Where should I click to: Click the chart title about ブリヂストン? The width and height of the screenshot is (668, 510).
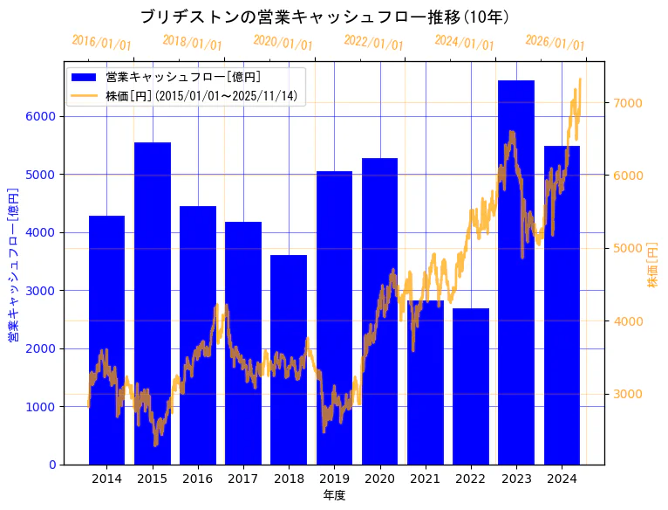pyautogui.click(x=324, y=17)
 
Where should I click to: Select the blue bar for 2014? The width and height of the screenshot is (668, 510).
pyautogui.click(x=106, y=341)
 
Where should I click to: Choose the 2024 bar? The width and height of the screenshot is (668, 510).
pyautogui.click(x=562, y=306)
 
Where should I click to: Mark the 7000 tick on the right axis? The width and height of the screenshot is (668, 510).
pyautogui.click(x=628, y=103)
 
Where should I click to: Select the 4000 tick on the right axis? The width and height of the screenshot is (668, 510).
pyautogui.click(x=628, y=321)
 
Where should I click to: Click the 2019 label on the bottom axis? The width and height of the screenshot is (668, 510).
pyautogui.click(x=334, y=479)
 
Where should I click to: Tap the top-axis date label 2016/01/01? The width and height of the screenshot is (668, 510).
pyautogui.click(x=102, y=43)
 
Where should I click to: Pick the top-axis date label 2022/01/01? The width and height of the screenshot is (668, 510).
pyautogui.click(x=374, y=43)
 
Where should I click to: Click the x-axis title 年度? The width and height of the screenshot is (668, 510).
pyautogui.click(x=334, y=495)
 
